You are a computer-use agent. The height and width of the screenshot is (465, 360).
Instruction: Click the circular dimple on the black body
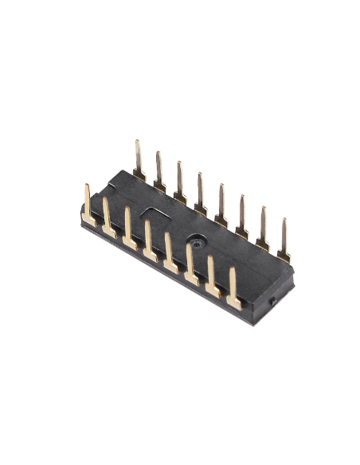tap(195, 239)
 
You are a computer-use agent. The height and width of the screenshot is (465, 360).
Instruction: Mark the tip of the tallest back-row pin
tap(136, 143)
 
